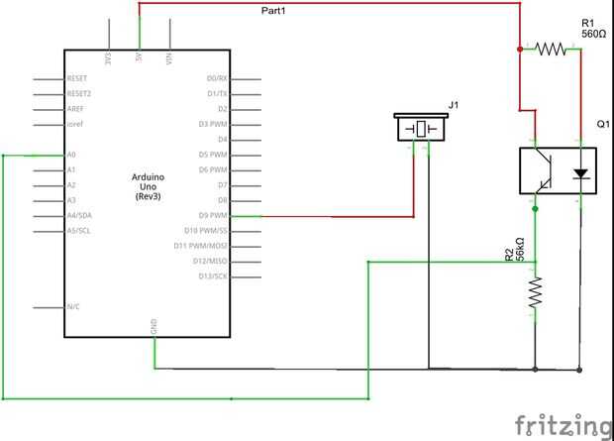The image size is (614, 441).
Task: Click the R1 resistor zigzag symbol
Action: click(x=551, y=48)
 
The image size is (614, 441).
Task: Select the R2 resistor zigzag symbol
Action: click(x=536, y=291)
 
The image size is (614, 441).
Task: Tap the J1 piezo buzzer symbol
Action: click(x=420, y=128)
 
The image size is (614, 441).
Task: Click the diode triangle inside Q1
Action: click(x=580, y=171)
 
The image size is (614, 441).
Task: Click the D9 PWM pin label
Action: click(x=213, y=215)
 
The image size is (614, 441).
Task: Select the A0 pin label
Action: click(x=71, y=155)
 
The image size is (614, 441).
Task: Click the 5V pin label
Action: click(x=139, y=58)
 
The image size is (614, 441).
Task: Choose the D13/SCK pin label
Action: click(x=214, y=276)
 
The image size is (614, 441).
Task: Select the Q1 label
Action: click(x=602, y=123)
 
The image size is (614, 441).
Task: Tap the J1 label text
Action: click(x=454, y=104)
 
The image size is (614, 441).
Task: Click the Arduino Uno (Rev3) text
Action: click(x=149, y=185)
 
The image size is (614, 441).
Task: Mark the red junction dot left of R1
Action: click(x=520, y=48)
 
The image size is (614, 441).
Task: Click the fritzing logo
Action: click(x=563, y=424)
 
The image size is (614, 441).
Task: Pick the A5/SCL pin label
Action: click(x=78, y=230)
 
